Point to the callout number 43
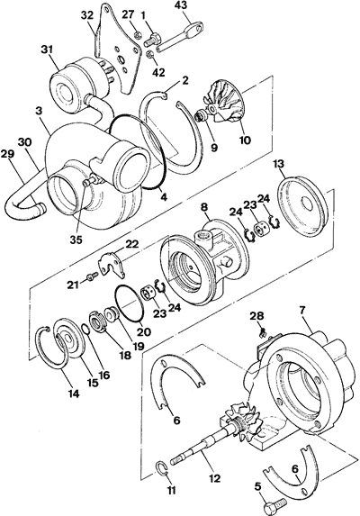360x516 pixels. (x=181, y=7)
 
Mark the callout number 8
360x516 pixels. (x=205, y=207)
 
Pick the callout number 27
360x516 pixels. (x=128, y=14)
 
